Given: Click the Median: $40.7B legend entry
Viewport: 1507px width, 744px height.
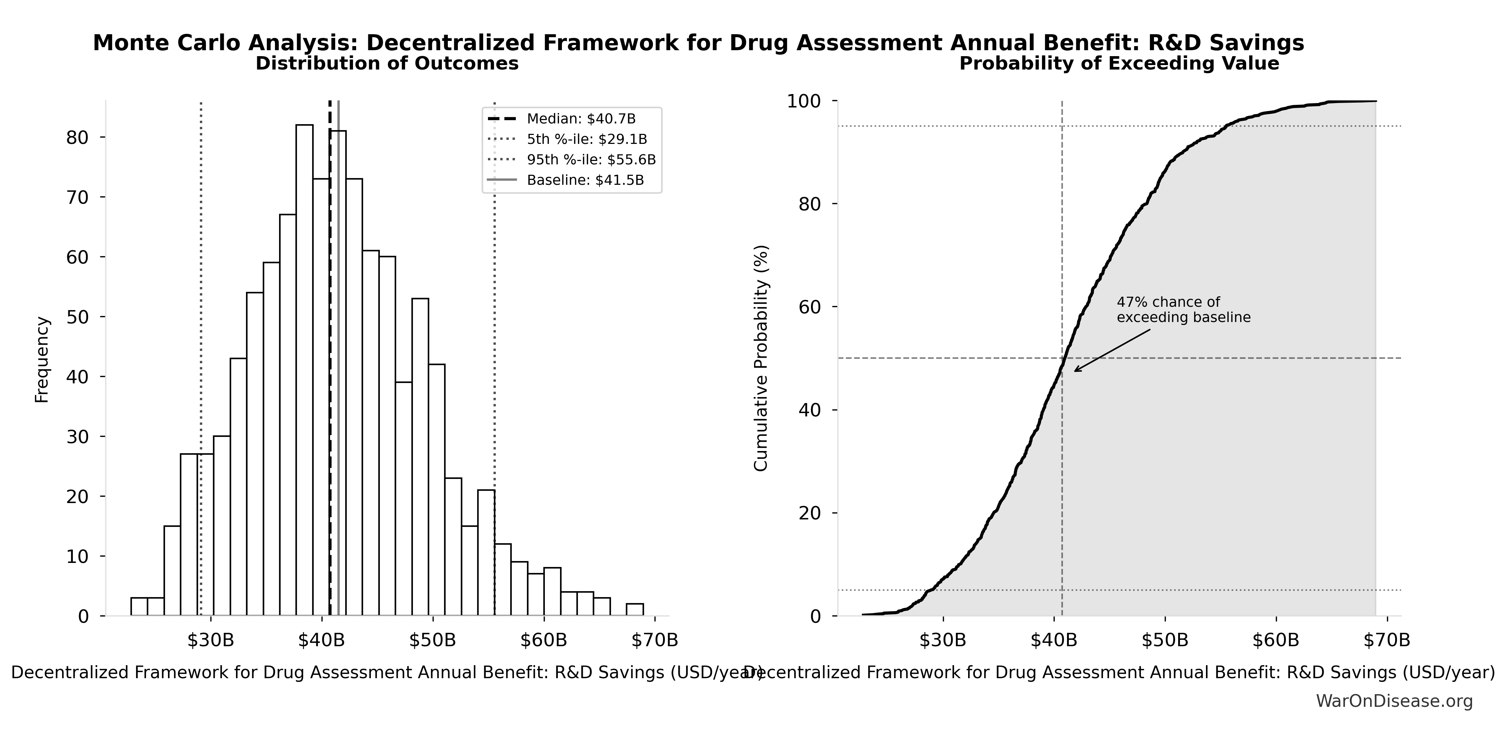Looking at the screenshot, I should (581, 119).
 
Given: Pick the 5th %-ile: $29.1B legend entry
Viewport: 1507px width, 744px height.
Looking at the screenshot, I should (587, 139).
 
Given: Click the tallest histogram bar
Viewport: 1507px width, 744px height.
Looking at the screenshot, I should (304, 369).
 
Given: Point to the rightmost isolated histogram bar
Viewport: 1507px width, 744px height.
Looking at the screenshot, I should (635, 609).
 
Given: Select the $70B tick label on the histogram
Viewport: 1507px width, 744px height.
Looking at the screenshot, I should (654, 640).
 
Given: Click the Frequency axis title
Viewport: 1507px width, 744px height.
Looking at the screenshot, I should (42, 360).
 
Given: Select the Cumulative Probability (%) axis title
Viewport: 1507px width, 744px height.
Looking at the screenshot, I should (760, 358).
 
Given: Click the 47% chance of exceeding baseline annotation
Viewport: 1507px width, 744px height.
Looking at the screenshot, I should (1183, 310).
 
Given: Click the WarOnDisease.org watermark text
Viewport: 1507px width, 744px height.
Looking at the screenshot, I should (1394, 700).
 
